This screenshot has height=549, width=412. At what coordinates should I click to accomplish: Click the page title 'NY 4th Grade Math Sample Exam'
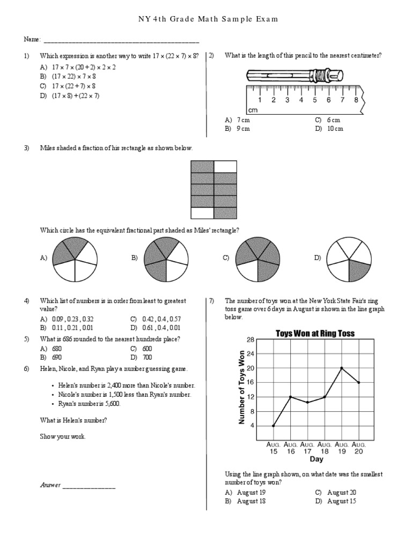206,19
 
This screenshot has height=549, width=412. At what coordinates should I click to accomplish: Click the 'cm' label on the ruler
253,110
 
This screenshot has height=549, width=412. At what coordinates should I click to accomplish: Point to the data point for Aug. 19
342,368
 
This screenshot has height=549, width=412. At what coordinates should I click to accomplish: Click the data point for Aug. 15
274,426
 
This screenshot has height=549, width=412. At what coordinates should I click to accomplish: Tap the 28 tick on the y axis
250,340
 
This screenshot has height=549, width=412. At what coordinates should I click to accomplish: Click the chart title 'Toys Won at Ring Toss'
315,333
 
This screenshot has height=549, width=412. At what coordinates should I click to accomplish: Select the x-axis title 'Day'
317,459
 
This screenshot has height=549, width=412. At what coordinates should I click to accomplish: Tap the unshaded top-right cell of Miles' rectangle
225,166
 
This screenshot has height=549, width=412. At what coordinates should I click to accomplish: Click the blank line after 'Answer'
89,486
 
